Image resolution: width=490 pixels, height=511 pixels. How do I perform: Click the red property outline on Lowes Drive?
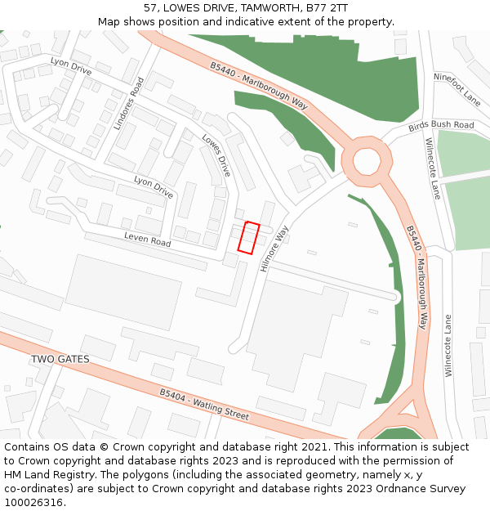[248, 236]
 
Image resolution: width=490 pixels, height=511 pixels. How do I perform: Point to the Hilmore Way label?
[274, 249]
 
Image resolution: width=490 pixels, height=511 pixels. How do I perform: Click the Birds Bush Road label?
[441, 126]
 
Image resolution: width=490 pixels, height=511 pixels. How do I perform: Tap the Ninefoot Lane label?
[457, 88]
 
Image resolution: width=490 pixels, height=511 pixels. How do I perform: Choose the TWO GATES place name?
[60, 360]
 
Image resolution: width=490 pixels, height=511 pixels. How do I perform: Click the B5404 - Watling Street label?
[204, 404]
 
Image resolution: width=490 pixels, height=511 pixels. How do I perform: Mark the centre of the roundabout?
[366, 159]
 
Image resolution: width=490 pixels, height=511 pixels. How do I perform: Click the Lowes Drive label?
[216, 155]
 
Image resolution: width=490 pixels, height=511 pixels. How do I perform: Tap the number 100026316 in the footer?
[34, 502]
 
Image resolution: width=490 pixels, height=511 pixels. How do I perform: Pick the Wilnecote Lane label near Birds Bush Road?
[432, 168]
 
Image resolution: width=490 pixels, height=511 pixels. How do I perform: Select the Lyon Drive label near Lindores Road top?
[71, 67]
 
